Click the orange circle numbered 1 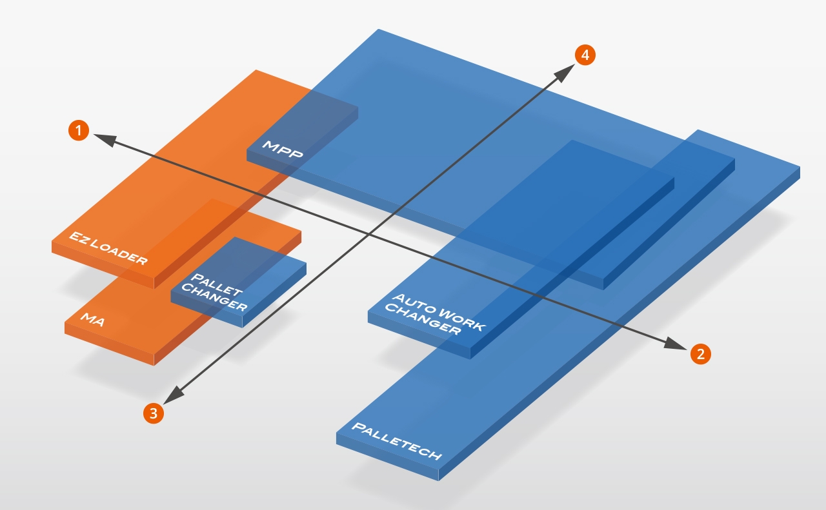point(78,130)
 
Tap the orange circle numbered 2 point(701,353)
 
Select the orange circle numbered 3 point(153,413)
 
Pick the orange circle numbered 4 point(585,55)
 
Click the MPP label point(282,150)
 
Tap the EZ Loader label point(108,248)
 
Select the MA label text point(93,319)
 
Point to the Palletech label point(396,442)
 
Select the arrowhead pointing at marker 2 point(675,346)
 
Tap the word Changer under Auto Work point(423,320)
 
